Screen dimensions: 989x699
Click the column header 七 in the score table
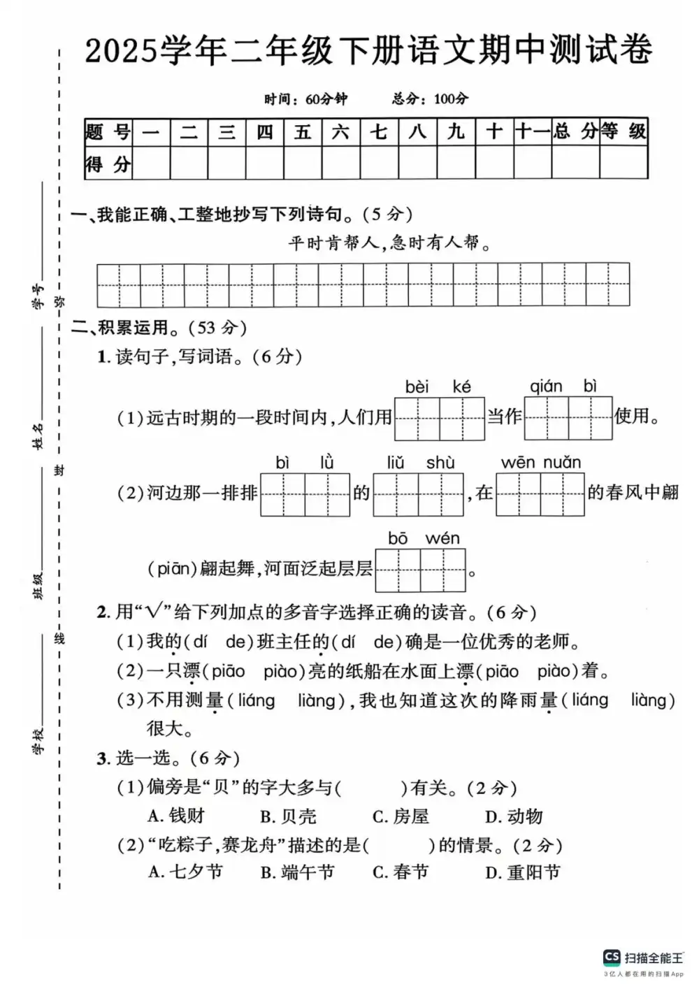click(x=379, y=132)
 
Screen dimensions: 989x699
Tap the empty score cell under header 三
click(x=227, y=164)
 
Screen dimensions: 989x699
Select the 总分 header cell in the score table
click(x=575, y=132)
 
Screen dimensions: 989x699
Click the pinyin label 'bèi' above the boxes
click(x=417, y=387)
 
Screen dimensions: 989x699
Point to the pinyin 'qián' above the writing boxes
click(x=546, y=387)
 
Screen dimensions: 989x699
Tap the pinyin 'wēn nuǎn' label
click(x=541, y=462)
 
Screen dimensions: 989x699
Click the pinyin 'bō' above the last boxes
click(x=398, y=538)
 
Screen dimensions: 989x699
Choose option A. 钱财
click(x=176, y=816)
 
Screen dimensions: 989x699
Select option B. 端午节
click(x=298, y=872)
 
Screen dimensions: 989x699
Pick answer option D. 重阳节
click(x=523, y=872)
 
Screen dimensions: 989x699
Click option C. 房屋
click(x=401, y=816)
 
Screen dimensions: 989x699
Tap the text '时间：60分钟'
click(x=305, y=99)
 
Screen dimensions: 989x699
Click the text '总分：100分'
click(x=430, y=99)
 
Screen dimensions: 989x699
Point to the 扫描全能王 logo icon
click(x=612, y=957)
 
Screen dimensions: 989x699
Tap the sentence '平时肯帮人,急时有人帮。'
click(x=390, y=243)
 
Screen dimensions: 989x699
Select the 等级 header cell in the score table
click(x=624, y=132)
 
